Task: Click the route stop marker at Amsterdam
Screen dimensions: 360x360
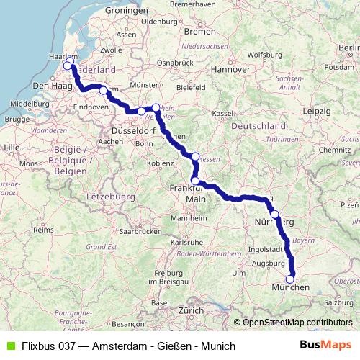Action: click(68, 66)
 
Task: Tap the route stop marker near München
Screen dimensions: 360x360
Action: click(291, 279)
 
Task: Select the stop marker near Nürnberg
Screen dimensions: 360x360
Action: click(274, 214)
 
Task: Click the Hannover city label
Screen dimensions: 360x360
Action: click(230, 69)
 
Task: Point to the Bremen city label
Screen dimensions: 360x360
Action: click(199, 32)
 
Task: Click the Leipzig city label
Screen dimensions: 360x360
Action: click(318, 112)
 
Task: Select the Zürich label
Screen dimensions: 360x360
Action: click(192, 310)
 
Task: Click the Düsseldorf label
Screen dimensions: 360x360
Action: click(133, 132)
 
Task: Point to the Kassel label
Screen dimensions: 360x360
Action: click(224, 114)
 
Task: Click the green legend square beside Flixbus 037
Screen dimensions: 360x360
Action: click(10, 346)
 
